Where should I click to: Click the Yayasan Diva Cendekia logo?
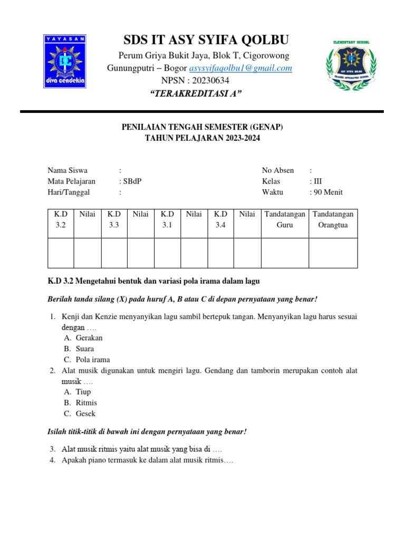coord(64,61)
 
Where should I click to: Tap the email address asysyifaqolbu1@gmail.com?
coord(240,68)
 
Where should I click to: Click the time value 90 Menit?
coord(328,192)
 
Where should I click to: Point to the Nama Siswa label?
coord(67,170)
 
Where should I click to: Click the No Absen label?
coord(278,170)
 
